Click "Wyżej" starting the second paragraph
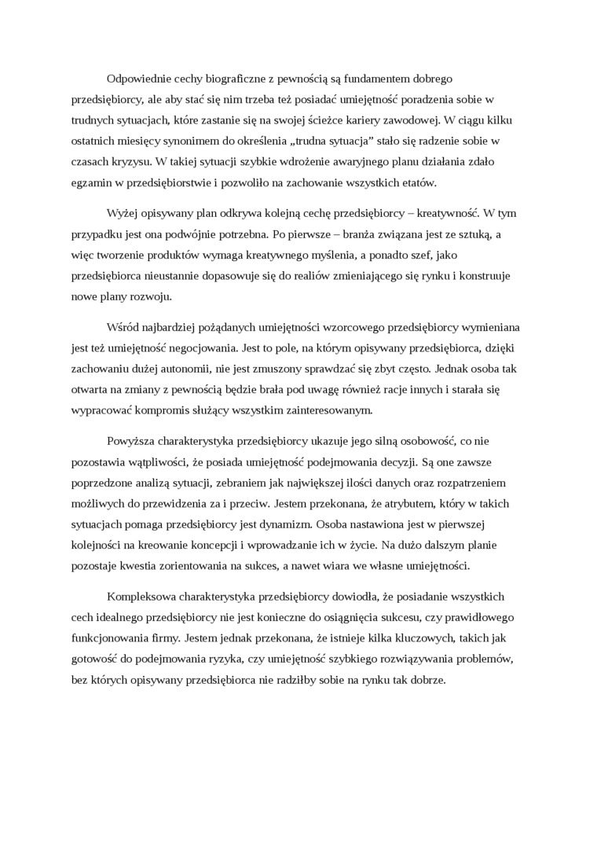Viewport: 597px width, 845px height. (121, 213)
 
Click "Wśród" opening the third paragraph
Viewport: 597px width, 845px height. (121, 326)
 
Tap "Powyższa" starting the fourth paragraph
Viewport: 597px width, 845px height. (130, 441)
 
